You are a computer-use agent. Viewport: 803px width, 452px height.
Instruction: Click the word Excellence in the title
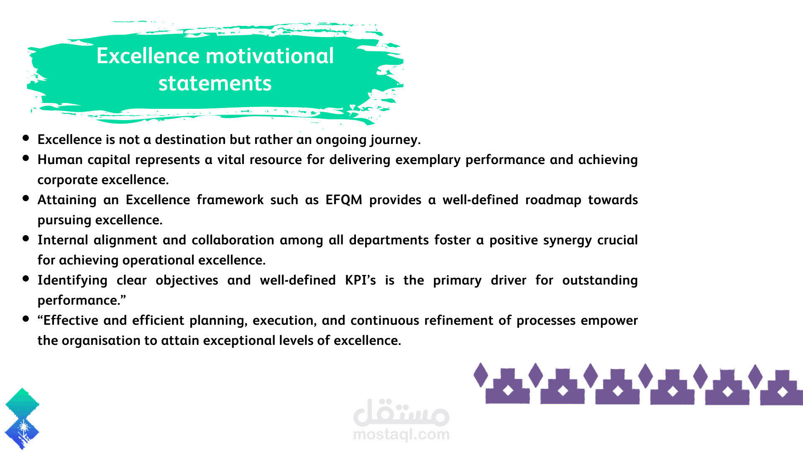148,56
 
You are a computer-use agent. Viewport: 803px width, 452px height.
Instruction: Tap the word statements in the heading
215,83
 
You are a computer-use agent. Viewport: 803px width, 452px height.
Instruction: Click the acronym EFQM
344,200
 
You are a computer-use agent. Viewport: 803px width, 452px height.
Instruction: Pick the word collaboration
233,240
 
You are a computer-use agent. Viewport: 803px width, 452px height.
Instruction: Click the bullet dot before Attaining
26,198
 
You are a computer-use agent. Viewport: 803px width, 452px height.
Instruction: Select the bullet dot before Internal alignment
26,239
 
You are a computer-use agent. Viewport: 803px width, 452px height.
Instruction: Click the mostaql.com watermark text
401,434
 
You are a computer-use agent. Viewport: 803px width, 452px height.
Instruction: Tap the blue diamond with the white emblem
22,431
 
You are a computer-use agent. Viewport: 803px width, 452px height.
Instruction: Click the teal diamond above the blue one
22,403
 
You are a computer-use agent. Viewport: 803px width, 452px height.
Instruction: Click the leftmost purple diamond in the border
481,375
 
